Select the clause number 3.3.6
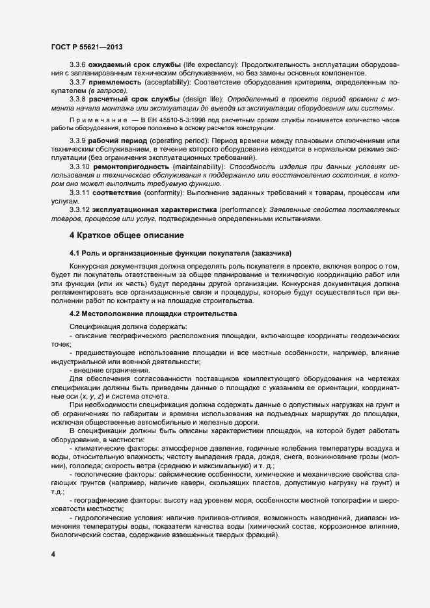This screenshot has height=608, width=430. coord(79,66)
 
